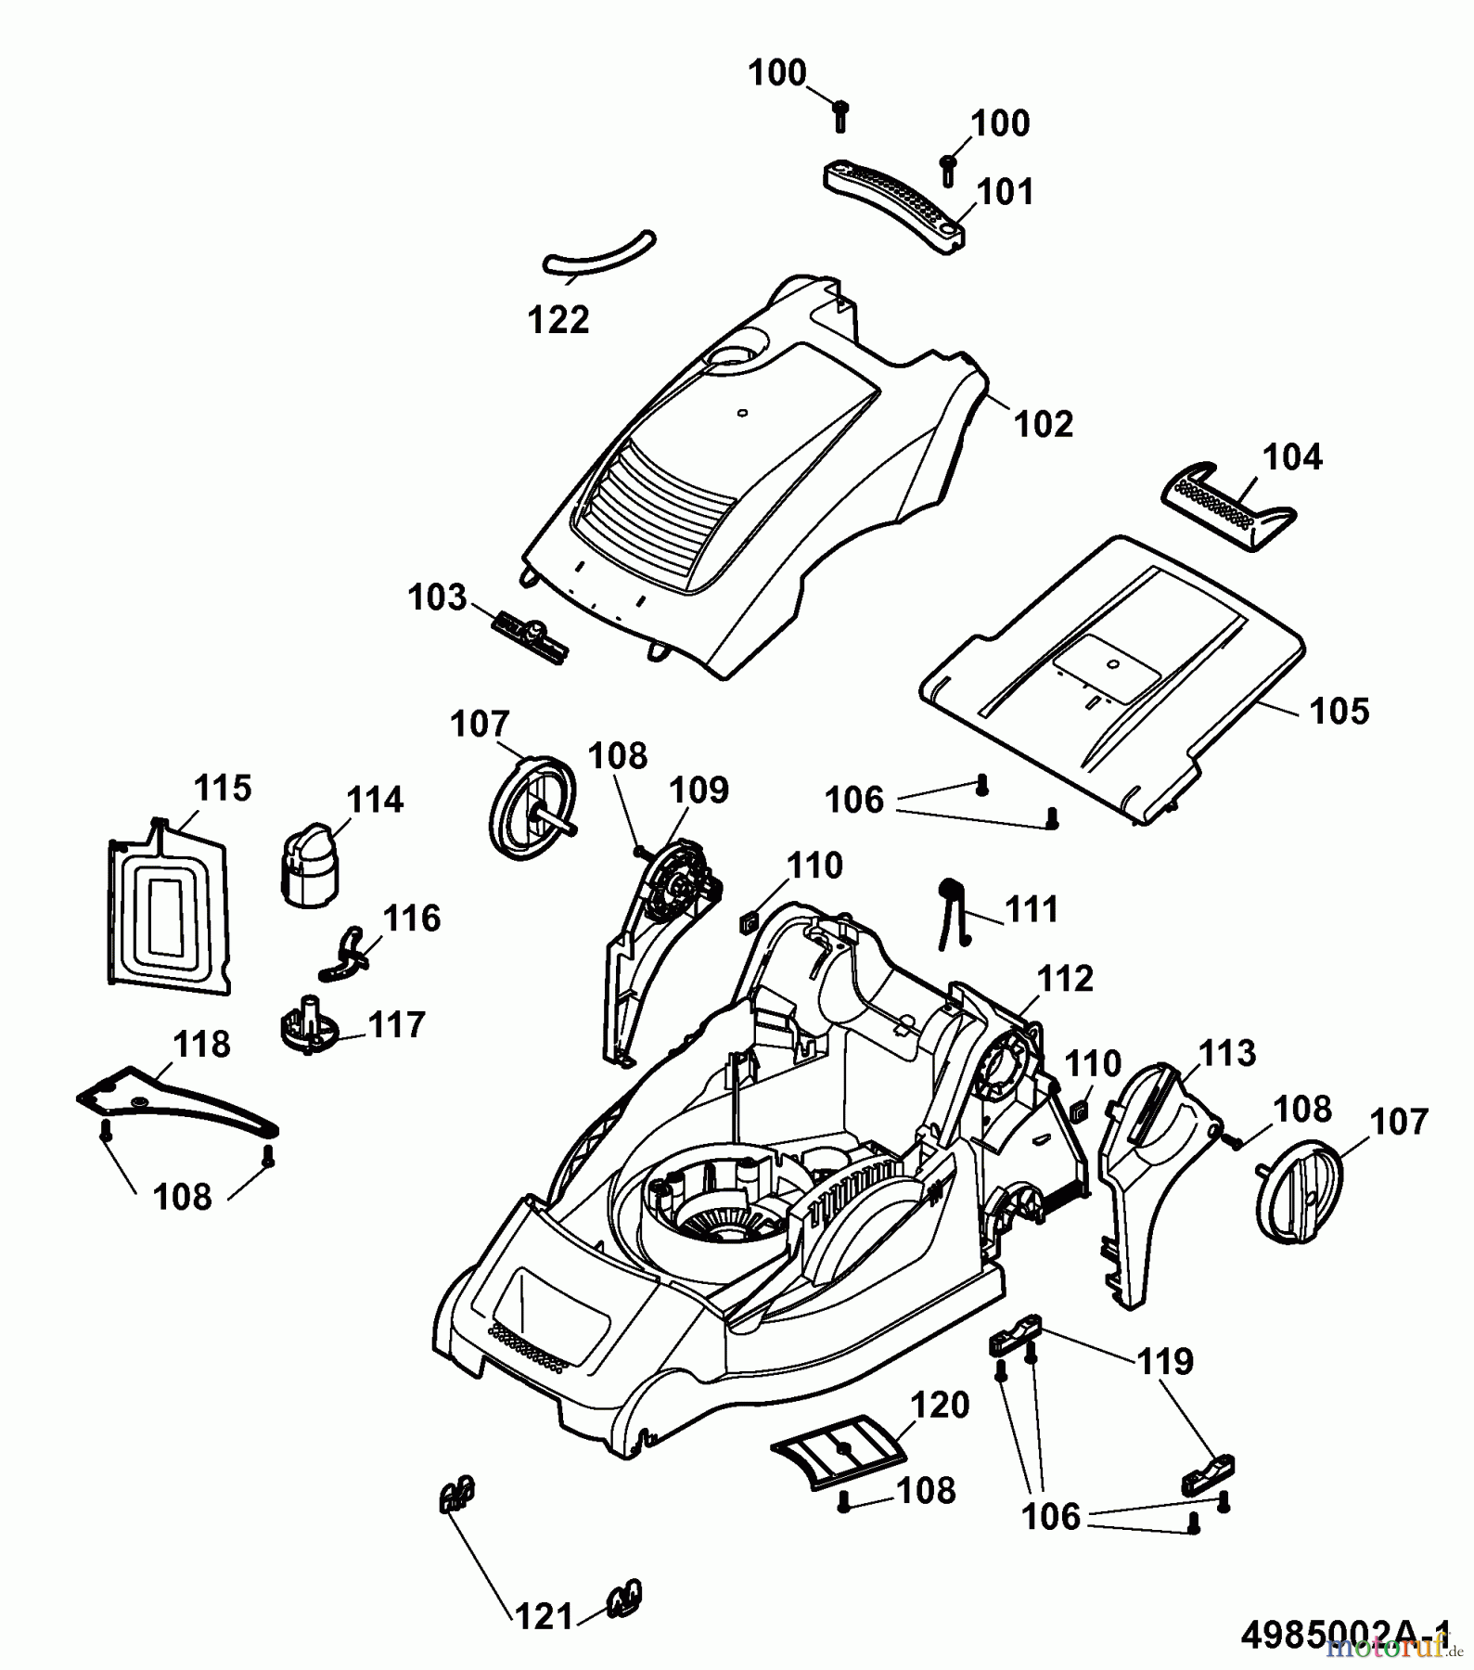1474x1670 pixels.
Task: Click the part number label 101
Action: tap(1006, 192)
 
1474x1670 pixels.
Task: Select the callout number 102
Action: tap(1044, 424)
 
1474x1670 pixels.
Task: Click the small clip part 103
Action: tap(530, 637)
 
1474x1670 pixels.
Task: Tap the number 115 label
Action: tap(222, 788)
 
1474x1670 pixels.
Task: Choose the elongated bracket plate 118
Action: tap(176, 1103)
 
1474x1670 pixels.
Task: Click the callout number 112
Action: tap(1065, 978)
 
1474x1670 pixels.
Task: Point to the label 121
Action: tap(545, 1616)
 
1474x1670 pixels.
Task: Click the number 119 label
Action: tap(1165, 1361)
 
